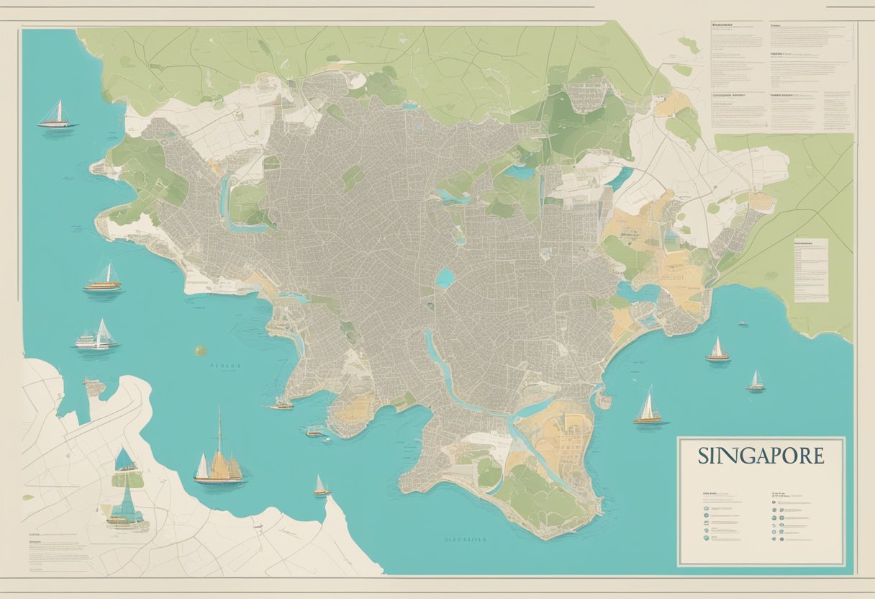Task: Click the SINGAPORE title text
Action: coord(761,456)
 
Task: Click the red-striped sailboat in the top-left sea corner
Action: coord(57,116)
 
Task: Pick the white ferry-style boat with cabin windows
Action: coord(95,337)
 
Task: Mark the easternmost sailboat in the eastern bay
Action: coord(755,382)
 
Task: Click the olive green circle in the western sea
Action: coord(200,351)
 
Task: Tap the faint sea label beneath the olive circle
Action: coord(225,366)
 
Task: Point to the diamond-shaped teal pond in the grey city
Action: coord(445,278)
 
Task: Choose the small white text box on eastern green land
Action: coord(810,270)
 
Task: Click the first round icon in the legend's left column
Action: coord(704,497)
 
